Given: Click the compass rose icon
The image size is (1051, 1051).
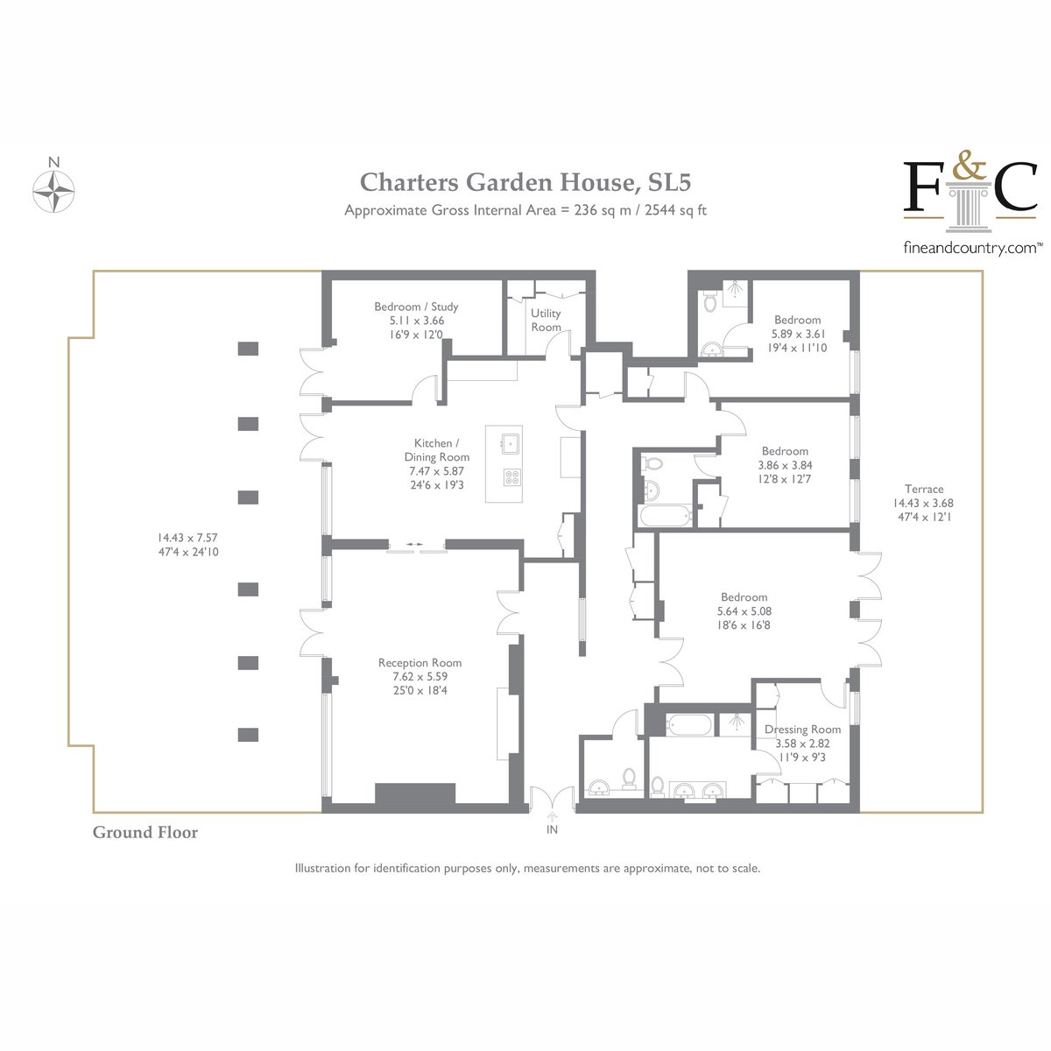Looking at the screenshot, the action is click(53, 192).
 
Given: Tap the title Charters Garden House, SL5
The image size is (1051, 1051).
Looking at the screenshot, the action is click(525, 181).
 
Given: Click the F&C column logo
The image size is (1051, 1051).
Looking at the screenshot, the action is click(970, 194).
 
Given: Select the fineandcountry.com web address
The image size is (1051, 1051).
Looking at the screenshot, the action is click(970, 248).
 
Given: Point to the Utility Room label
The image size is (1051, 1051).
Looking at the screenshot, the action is click(546, 321).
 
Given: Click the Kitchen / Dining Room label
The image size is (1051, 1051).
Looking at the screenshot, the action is click(436, 450).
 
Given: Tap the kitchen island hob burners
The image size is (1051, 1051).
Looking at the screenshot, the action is click(511, 477).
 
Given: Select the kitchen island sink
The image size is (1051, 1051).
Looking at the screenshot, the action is click(511, 443).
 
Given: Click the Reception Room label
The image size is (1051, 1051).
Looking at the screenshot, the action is click(420, 663).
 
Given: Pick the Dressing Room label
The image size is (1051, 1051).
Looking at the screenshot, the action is click(802, 730).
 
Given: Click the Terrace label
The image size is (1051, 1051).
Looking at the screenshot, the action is click(923, 490).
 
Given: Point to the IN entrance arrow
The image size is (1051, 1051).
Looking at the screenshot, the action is click(552, 816).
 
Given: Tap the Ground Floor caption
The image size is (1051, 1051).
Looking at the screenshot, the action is click(145, 832).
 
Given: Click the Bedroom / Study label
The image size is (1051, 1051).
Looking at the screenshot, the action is click(416, 307).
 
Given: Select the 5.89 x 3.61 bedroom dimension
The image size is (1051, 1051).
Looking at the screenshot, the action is click(798, 334).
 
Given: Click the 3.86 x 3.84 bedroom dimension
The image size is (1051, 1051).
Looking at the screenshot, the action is click(785, 465).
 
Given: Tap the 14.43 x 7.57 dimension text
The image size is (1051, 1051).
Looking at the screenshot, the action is click(187, 538).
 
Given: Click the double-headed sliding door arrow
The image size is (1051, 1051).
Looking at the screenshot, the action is click(414, 544).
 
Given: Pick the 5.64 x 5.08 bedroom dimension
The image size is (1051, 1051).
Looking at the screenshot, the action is click(744, 611).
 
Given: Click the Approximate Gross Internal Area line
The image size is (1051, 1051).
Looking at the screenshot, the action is click(525, 210).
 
